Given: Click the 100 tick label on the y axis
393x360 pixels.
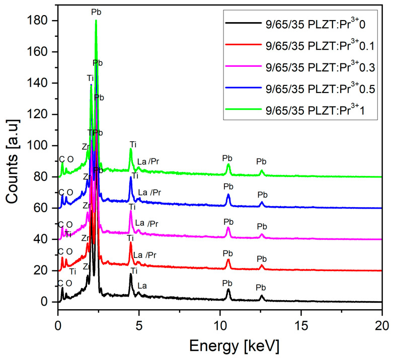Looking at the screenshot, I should click(x=42, y=146).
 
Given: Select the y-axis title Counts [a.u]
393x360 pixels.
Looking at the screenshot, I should click(x=13, y=161).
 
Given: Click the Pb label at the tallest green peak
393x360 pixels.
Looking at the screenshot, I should click(x=96, y=11).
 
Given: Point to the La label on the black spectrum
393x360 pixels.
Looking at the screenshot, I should click(x=142, y=286).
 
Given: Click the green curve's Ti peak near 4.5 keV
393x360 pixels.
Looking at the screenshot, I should click(x=131, y=149).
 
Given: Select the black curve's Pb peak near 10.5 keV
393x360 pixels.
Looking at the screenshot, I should click(x=228, y=290).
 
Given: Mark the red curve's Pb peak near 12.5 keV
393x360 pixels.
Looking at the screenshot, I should click(x=262, y=266).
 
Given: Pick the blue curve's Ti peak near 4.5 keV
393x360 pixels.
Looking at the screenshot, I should click(x=131, y=177).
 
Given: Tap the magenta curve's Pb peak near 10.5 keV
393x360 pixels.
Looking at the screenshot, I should click(x=228, y=228).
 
